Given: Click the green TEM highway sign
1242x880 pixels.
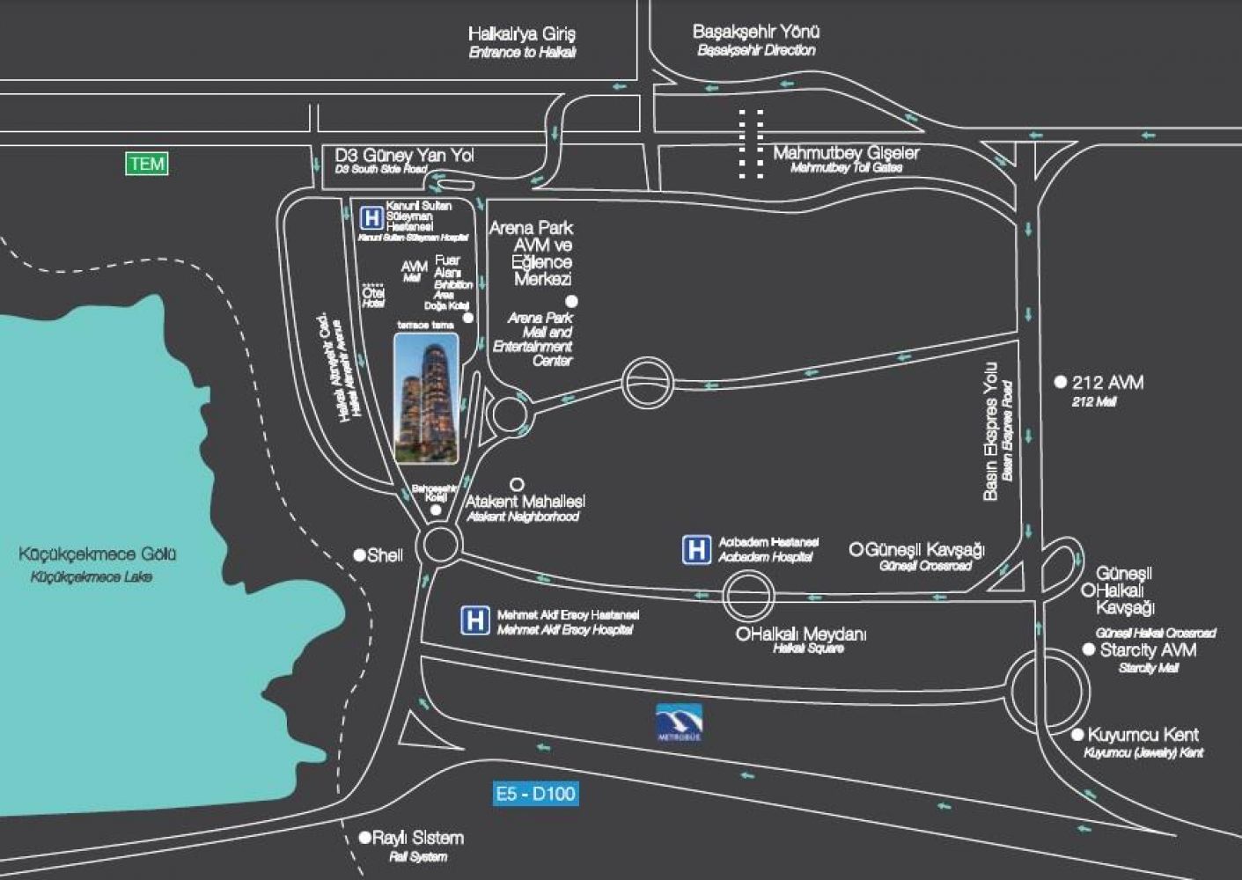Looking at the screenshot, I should pyautogui.click(x=147, y=164).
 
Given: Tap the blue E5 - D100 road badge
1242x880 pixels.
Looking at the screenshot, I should pyautogui.click(x=534, y=794).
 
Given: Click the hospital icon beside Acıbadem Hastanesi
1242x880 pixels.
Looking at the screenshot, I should pyautogui.click(x=696, y=550).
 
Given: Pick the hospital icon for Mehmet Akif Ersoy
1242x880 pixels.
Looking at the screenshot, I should pyautogui.click(x=474, y=620).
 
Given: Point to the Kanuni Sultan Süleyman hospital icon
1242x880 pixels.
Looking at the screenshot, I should pyautogui.click(x=372, y=216).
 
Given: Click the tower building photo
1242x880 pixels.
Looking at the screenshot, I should pyautogui.click(x=426, y=398).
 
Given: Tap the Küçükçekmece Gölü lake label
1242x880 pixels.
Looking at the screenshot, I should pyautogui.click(x=98, y=554).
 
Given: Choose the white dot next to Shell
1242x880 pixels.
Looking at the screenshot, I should pyautogui.click(x=359, y=555).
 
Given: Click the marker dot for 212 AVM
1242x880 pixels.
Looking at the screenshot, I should pyautogui.click(x=1061, y=383).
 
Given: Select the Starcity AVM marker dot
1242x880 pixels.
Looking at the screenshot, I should pyautogui.click(x=1089, y=650).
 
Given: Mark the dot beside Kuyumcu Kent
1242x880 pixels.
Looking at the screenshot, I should pyautogui.click(x=1077, y=735).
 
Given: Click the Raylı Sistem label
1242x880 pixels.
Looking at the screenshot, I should pyautogui.click(x=417, y=838).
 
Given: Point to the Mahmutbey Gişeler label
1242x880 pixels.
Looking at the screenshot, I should pyautogui.click(x=846, y=153).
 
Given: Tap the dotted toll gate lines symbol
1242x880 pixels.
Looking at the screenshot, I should pyautogui.click(x=751, y=144).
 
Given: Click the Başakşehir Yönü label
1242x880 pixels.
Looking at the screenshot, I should pyautogui.click(x=756, y=32).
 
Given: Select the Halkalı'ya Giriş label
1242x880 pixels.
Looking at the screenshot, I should pyautogui.click(x=522, y=34).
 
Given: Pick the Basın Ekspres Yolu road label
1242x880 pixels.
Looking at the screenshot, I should pyautogui.click(x=991, y=431).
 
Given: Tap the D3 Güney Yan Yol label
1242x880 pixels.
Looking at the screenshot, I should pyautogui.click(x=405, y=155).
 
